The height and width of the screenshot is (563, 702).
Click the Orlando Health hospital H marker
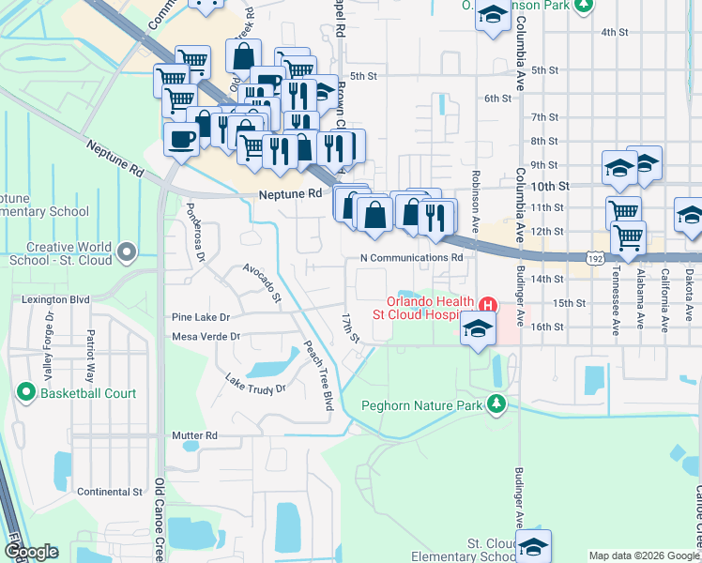pyautogui.click(x=487, y=305)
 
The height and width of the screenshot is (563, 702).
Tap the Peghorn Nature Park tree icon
pyautogui.click(x=496, y=404)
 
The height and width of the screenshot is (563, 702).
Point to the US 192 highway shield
pyautogui.click(x=593, y=256)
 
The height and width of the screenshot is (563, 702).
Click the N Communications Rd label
pyautogui.click(x=413, y=257)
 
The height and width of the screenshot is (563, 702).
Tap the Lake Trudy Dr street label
pyautogui.click(x=254, y=384)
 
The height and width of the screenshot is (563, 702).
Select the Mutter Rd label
pyautogui.click(x=194, y=436)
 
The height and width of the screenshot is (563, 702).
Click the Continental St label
pyautogui.click(x=109, y=492)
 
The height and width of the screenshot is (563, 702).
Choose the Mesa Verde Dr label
pyautogui.click(x=206, y=336)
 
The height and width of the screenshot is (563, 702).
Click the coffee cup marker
pyautogui.click(x=181, y=140)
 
